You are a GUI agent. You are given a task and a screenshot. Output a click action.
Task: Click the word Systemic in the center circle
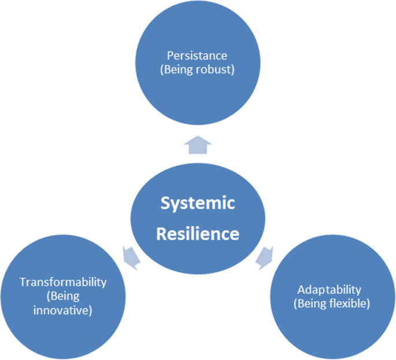pos(198,204)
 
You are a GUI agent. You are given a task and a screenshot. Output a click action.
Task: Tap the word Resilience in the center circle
pos(198,234)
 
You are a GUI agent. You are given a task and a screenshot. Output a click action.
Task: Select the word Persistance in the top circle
pos(197,56)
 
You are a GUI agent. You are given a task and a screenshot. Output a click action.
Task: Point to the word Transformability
pos(63,282)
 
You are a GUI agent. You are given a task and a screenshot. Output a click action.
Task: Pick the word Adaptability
pos(329,289)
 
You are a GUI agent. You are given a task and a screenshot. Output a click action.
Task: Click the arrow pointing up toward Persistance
pos(197,145)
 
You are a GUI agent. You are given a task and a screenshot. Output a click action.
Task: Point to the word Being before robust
pos(182,69)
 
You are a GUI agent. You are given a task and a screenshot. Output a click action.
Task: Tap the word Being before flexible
pos(311,303)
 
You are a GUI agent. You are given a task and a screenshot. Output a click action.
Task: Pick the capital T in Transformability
pos(23,282)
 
